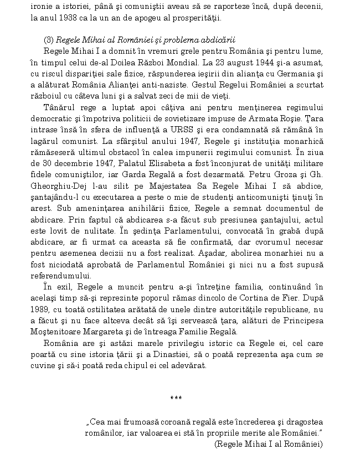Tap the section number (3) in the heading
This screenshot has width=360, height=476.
[x=49, y=40]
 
